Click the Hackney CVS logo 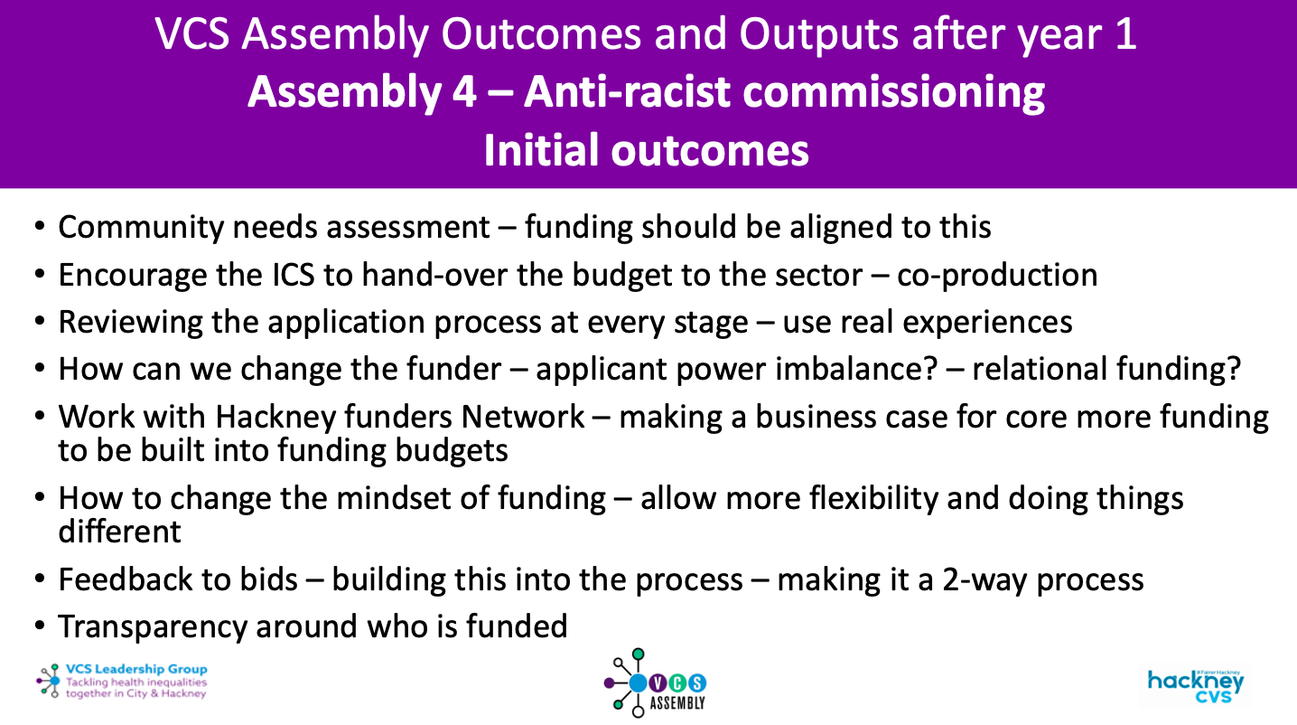click(1195, 685)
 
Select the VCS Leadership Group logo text click(135, 670)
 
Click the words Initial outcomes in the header click(647, 150)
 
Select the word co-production click(997, 275)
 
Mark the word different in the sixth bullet click(119, 531)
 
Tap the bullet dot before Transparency click(41, 626)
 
